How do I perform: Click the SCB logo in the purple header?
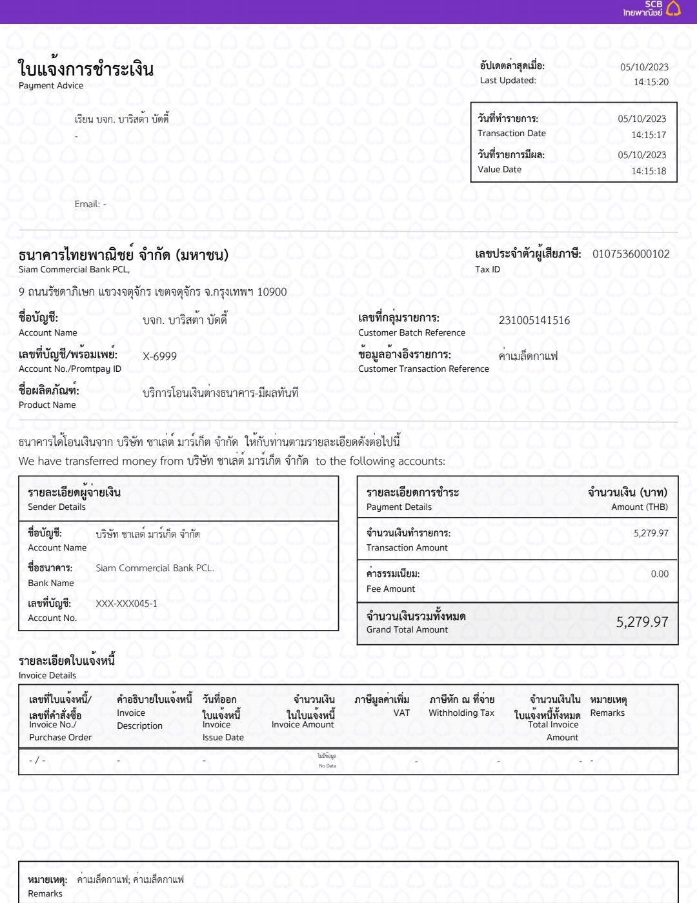pyautogui.click(x=652, y=8)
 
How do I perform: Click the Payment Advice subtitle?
pyautogui.click(x=51, y=85)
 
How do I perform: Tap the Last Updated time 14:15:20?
pyautogui.click(x=651, y=82)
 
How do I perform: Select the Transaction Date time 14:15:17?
pyautogui.click(x=648, y=135)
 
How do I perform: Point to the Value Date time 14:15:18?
pyautogui.click(x=648, y=171)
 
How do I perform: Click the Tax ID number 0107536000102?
pyautogui.click(x=631, y=254)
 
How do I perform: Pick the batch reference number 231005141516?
pyautogui.click(x=534, y=320)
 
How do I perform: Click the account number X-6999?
pyautogui.click(x=159, y=356)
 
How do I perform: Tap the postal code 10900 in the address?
pyautogui.click(x=272, y=292)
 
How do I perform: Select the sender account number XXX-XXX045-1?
pyautogui.click(x=126, y=604)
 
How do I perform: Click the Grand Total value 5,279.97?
pyautogui.click(x=641, y=622)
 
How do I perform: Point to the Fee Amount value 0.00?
pyautogui.click(x=659, y=574)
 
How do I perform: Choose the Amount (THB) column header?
pyautogui.click(x=639, y=507)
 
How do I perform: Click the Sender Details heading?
pyautogui.click(x=57, y=507)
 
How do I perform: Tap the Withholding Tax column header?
pyautogui.click(x=461, y=713)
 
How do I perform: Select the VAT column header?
pyautogui.click(x=401, y=713)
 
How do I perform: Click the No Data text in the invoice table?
pyautogui.click(x=327, y=766)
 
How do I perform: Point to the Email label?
pyautogui.click(x=87, y=204)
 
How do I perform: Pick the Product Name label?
pyautogui.click(x=47, y=405)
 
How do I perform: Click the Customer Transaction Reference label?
pyautogui.click(x=423, y=369)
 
